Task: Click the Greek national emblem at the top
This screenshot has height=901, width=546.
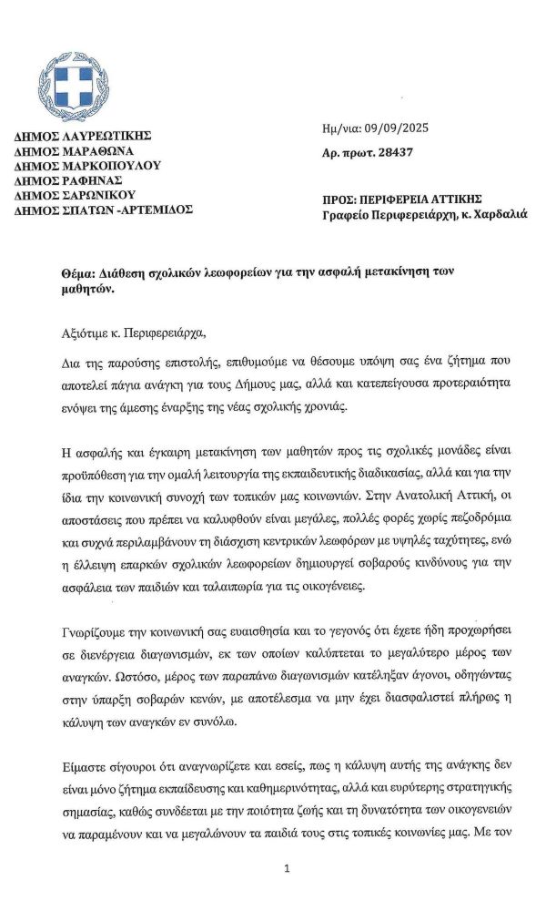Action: (74, 90)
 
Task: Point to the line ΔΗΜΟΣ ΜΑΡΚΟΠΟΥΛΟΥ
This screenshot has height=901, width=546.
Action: (87, 166)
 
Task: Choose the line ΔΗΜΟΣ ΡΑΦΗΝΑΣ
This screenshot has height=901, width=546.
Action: (69, 180)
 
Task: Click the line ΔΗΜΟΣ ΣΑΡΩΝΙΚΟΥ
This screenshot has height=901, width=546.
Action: (75, 195)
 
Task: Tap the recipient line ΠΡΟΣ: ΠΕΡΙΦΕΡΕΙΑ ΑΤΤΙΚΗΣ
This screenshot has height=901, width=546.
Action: (402, 199)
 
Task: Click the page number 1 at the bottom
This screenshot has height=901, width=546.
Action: (287, 868)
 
